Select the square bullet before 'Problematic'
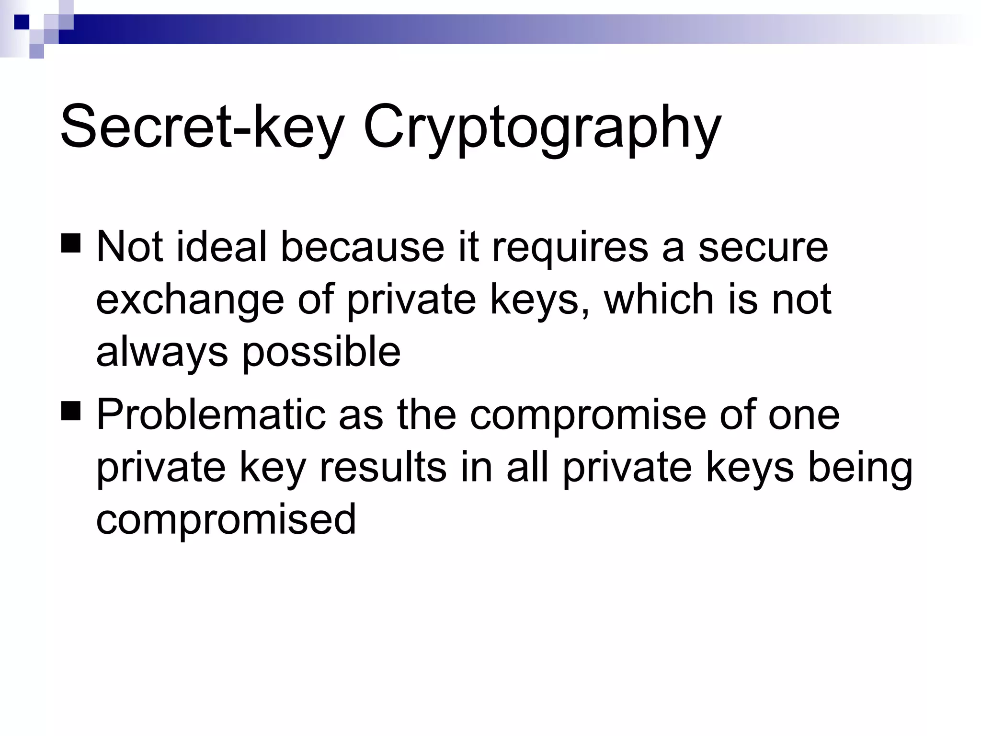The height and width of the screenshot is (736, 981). tap(71, 411)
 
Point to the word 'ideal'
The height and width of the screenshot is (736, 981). tap(221, 247)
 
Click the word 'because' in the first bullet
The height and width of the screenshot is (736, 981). tap(362, 247)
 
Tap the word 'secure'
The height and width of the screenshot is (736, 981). tap(763, 247)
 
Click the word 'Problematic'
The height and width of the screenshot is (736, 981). tap(211, 414)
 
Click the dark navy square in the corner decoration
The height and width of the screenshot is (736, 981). tap(22, 22)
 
